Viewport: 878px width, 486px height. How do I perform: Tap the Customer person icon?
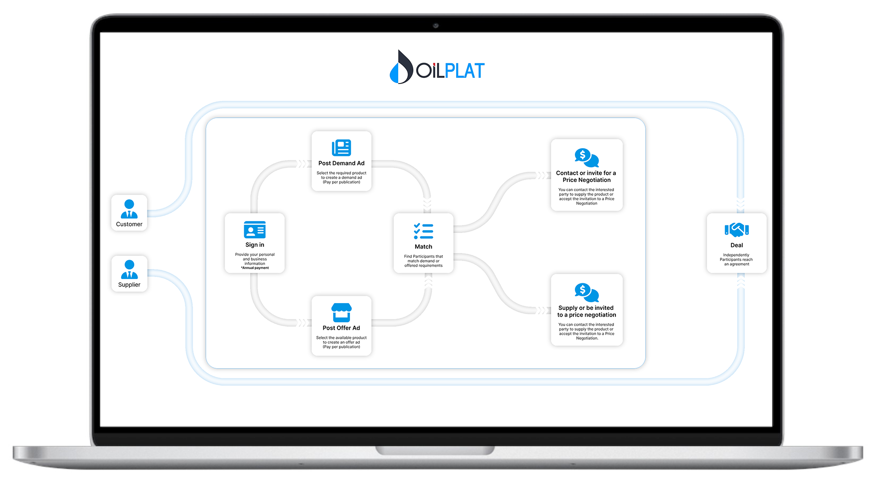129,209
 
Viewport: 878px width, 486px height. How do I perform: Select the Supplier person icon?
129,269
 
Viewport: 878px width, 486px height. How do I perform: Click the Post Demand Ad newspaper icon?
341,148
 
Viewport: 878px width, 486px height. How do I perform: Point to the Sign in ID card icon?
255,230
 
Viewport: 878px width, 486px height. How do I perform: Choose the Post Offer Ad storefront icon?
341,312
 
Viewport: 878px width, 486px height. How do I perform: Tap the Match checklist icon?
423,231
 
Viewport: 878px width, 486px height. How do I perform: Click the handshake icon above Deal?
737,230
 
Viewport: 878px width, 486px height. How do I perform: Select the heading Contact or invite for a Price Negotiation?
586,177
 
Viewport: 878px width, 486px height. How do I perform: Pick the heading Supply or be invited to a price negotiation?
586,311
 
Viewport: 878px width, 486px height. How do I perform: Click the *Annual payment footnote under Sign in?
255,268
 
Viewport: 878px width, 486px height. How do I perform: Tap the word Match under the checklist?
423,247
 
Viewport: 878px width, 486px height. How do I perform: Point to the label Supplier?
129,285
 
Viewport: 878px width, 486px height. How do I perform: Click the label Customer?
129,224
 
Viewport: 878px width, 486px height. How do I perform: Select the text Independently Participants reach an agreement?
737,260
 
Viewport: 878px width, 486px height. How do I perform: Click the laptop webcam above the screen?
435,25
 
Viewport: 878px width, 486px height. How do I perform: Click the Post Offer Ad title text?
341,328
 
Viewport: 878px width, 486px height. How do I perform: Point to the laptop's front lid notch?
435,450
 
